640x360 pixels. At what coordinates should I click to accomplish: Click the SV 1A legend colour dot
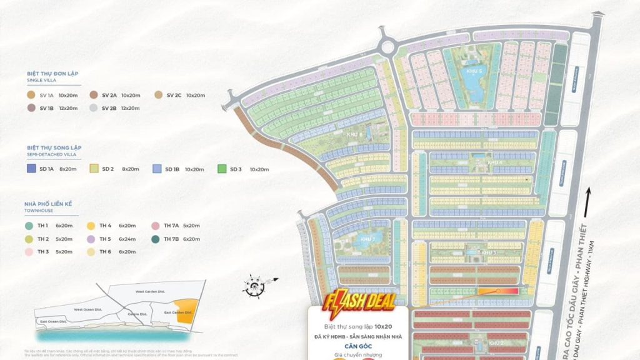[x=31, y=95]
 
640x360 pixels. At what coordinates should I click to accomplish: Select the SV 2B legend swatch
[x=93, y=108]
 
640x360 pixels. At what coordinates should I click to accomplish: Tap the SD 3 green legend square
[x=221, y=169]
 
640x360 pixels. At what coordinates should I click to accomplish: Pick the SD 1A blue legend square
[x=31, y=169]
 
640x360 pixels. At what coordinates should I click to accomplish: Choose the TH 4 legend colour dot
[x=91, y=225]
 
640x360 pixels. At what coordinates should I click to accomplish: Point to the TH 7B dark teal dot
[x=154, y=238]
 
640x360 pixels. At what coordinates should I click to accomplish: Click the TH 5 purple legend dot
[x=91, y=238]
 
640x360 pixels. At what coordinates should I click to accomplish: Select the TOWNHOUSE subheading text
[x=41, y=210]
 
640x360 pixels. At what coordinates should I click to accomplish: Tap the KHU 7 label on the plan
[x=367, y=239]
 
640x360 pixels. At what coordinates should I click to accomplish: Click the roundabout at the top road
[x=388, y=47]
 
